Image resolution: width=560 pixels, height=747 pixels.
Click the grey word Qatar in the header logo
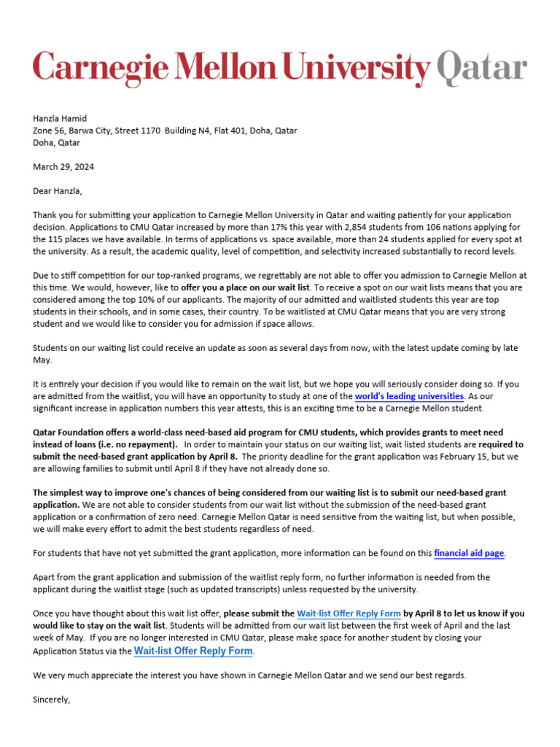481,68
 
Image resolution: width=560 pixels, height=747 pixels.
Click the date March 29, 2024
63,167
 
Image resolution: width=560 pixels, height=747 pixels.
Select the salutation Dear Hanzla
58,191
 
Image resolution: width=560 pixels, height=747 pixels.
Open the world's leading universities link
409,396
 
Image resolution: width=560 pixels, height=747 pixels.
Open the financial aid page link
469,553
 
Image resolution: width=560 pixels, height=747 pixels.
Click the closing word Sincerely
52,699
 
